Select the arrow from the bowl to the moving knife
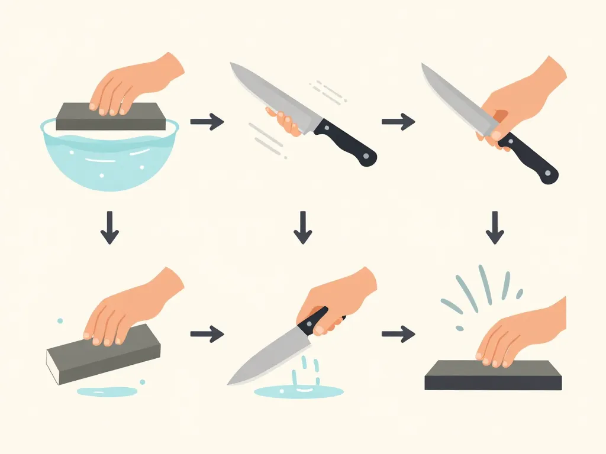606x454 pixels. click(x=207, y=123)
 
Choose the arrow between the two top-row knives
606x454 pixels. click(x=398, y=122)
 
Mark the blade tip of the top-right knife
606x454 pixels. click(x=424, y=66)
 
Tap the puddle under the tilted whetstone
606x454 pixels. click(x=107, y=391)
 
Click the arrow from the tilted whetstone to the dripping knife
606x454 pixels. click(x=207, y=335)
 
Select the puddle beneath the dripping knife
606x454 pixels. click(x=299, y=391)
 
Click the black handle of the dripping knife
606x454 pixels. click(x=314, y=320)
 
